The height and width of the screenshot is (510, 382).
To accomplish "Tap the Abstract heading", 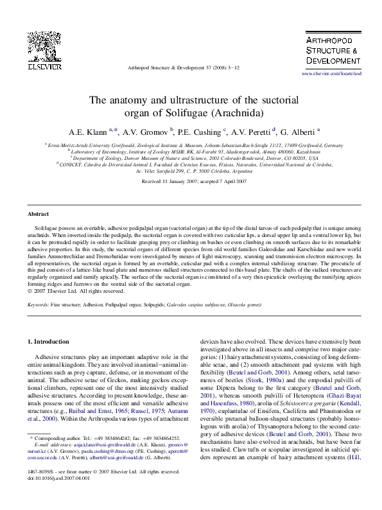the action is pos(38,214).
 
